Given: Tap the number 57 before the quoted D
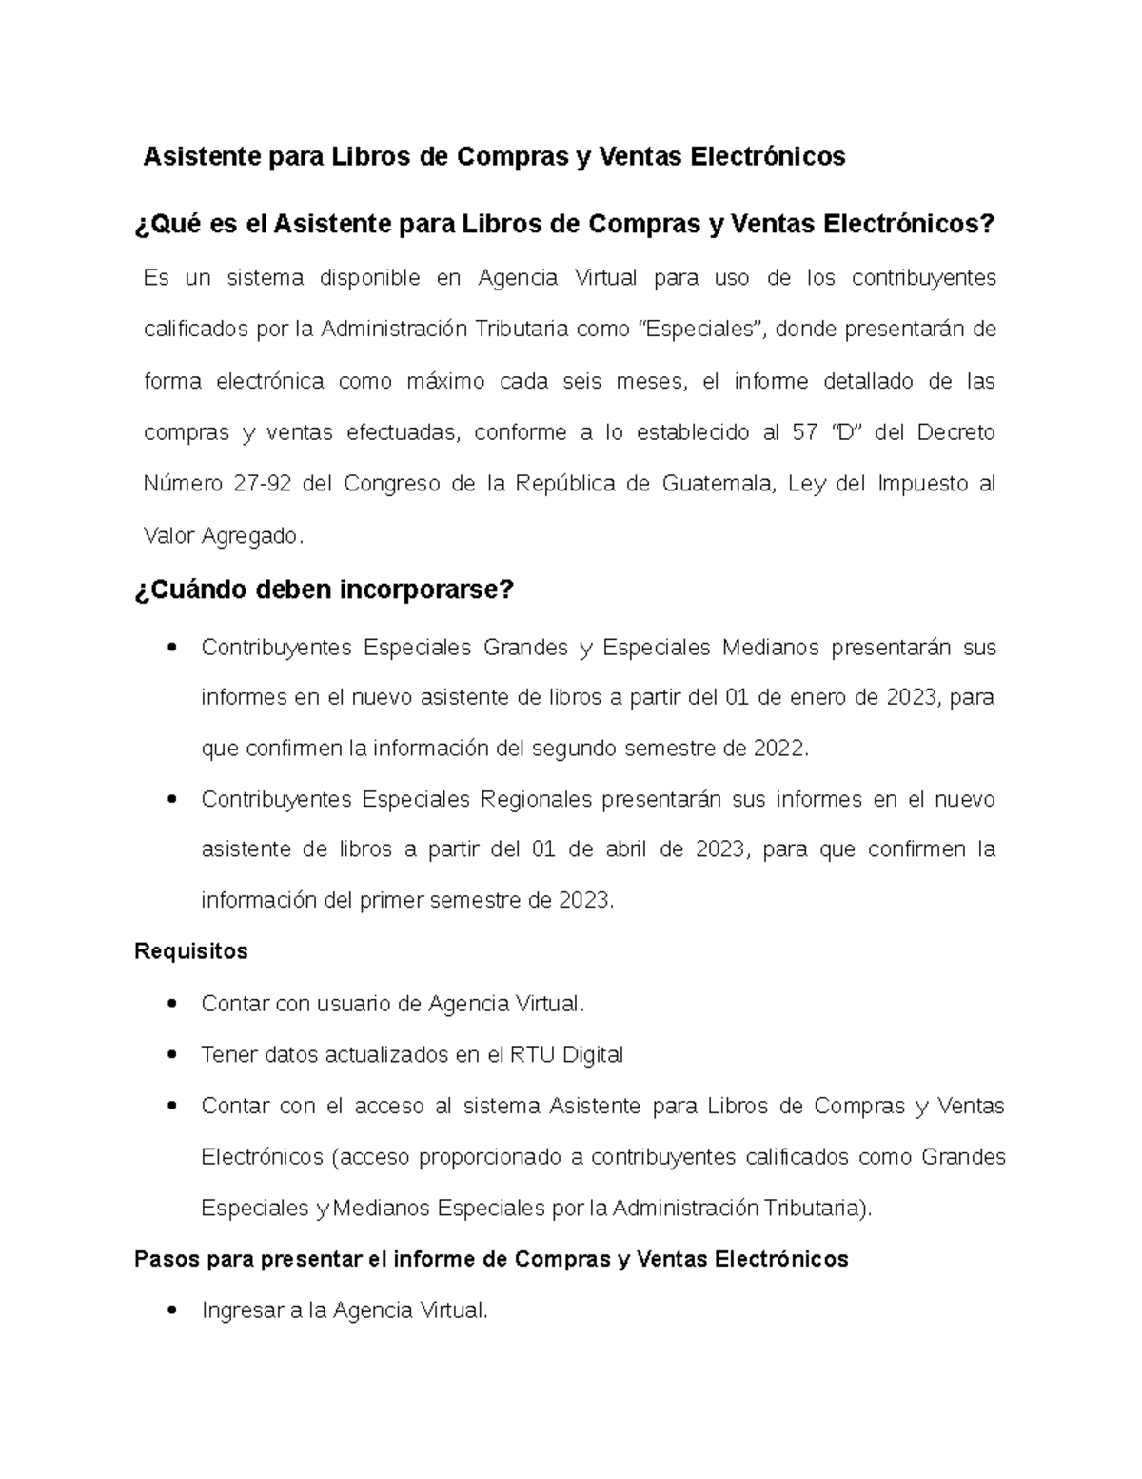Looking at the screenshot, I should (x=804, y=432).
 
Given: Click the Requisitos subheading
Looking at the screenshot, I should (x=191, y=951).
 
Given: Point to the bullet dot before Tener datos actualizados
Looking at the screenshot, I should (x=172, y=1055).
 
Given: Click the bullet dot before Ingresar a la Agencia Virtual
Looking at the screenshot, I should (x=172, y=1311).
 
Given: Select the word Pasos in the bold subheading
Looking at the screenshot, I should (x=167, y=1260).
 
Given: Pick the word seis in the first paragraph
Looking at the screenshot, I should (x=581, y=382).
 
